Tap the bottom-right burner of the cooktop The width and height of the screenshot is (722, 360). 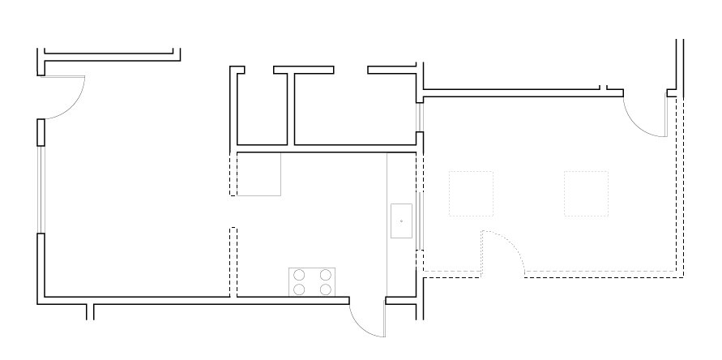pos(326,289)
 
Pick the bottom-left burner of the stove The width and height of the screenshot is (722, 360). pos(300,289)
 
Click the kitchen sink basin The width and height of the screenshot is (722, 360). pos(402,221)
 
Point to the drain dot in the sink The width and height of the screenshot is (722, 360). pos(402,221)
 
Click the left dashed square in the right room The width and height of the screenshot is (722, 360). pos(471,193)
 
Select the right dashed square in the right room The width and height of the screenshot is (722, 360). pos(586,193)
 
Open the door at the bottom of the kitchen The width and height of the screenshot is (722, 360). pos(366,320)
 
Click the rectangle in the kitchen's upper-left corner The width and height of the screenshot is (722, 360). pos(258,174)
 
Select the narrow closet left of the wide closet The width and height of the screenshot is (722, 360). pos(263,109)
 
